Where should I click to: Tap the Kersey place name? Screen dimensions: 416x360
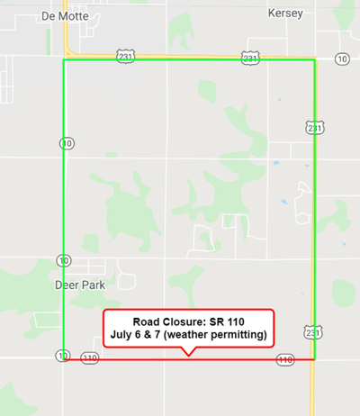point(286,14)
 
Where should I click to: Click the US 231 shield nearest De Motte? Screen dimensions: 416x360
point(125,57)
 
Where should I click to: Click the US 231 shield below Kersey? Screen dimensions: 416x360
point(250,57)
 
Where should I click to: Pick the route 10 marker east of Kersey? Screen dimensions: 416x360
point(341,59)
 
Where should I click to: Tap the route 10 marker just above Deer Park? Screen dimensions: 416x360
point(63,260)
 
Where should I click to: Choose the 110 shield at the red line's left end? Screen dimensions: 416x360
point(89,358)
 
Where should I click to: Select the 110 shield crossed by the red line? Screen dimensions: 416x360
point(286,359)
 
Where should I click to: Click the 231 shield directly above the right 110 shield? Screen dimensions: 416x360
point(311,332)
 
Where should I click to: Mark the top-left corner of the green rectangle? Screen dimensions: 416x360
point(64,61)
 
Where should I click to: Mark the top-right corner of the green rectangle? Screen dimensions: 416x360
point(315,61)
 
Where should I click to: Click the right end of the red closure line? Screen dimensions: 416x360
point(314,359)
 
